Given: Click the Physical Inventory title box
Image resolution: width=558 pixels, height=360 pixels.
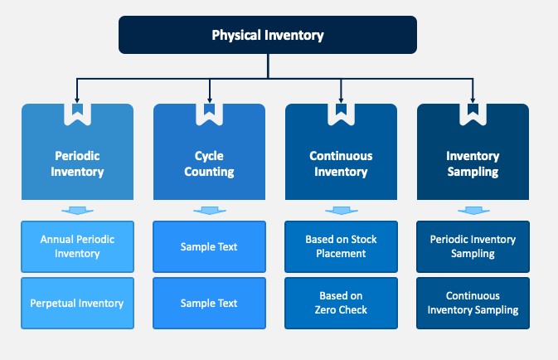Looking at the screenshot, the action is click(268, 35).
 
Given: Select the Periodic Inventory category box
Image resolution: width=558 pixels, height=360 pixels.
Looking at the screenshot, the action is click(78, 163).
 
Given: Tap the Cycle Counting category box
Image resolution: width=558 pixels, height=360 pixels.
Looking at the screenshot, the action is click(209, 163).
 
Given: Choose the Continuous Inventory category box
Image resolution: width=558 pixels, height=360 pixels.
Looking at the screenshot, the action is click(341, 163).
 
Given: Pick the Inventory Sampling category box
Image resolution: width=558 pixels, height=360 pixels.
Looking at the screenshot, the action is click(473, 163).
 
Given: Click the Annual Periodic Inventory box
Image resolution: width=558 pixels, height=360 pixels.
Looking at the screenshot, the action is click(78, 246).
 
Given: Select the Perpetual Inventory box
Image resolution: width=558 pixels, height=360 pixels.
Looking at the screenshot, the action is click(78, 303).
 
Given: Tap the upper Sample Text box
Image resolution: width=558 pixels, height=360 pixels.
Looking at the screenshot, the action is click(209, 246).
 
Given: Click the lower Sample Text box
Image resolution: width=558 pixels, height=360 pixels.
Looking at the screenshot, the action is click(209, 303).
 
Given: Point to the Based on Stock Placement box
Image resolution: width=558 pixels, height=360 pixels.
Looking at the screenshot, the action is click(341, 246).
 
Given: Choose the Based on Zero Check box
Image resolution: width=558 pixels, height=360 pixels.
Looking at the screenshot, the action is click(341, 303).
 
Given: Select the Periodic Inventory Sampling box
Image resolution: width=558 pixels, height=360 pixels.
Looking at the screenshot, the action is click(473, 246).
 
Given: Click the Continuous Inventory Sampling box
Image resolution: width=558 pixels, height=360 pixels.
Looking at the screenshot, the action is click(473, 303).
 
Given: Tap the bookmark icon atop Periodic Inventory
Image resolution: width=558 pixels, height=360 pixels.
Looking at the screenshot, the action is click(78, 109).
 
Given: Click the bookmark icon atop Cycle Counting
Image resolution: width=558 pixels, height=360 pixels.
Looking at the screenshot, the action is click(209, 109).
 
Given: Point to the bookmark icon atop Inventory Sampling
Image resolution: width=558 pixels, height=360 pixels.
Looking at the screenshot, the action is click(473, 109).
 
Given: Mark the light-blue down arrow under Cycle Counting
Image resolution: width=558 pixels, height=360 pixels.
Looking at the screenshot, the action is click(210, 211).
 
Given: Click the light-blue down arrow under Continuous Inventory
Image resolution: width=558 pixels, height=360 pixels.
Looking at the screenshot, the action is click(342, 211).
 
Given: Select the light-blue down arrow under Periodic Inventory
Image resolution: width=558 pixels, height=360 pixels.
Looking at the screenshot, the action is click(78, 211).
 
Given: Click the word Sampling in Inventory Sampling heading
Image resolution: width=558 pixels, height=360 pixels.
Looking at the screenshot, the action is click(473, 172).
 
